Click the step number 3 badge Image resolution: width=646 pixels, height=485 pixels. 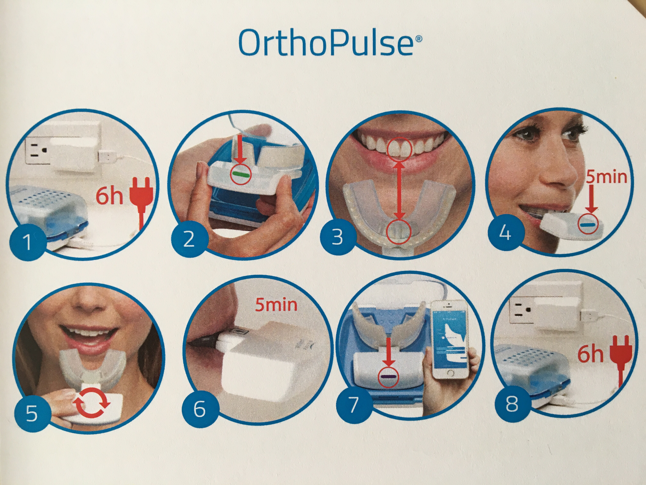337,237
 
